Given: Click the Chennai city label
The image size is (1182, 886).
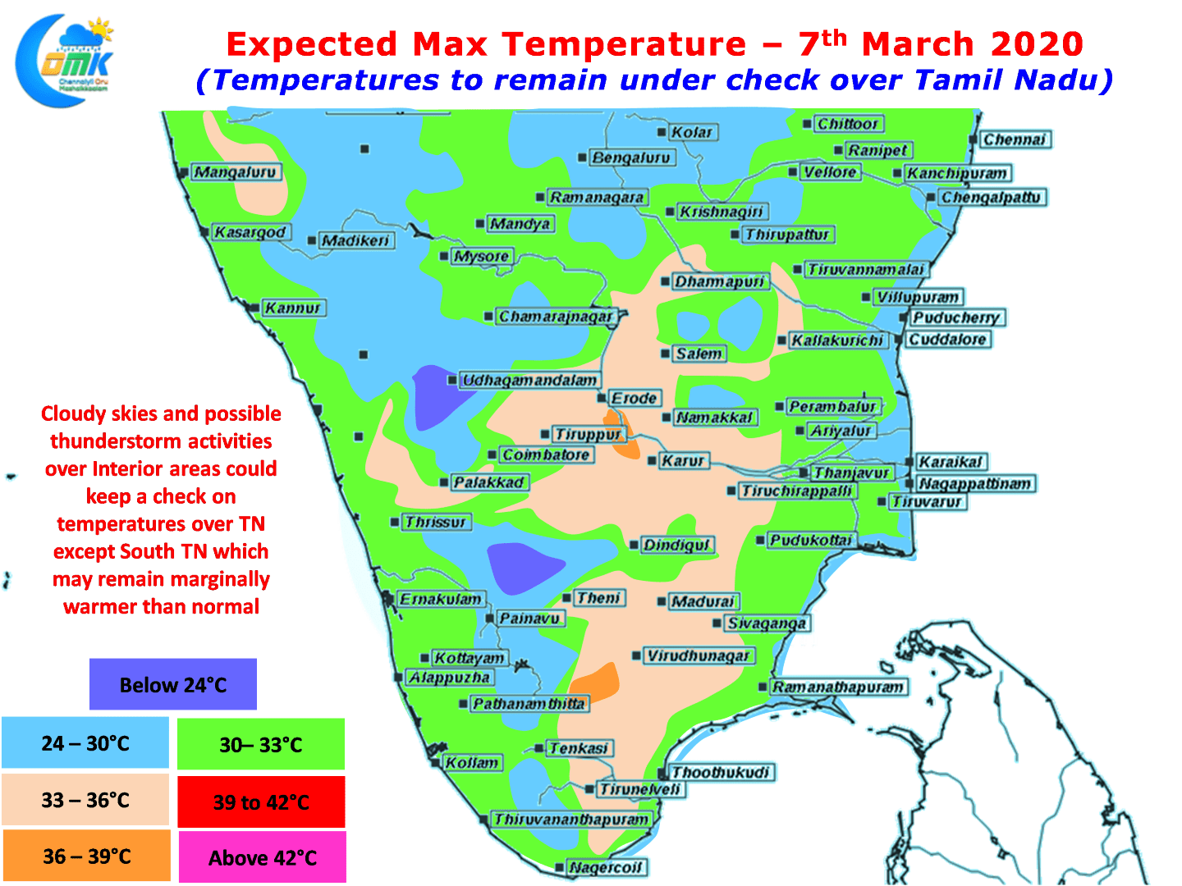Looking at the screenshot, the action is click(1014, 139).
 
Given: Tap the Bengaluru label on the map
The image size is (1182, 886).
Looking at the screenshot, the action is click(631, 158).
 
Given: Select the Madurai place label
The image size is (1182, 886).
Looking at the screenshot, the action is click(703, 601).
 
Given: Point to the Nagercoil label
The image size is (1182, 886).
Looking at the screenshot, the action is click(605, 867).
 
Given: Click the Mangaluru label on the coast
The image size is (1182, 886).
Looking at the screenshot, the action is click(235, 172).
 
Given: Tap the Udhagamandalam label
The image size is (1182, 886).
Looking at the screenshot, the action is click(529, 381).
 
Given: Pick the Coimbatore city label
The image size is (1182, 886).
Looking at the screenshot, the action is click(546, 455).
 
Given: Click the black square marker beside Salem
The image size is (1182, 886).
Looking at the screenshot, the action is click(665, 354).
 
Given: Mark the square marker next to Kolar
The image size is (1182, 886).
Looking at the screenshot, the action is click(662, 132).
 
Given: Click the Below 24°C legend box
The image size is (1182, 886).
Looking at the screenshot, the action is click(173, 684).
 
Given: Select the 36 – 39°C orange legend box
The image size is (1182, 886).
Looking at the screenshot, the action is click(86, 856).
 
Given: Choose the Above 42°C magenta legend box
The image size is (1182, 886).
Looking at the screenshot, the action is click(262, 857).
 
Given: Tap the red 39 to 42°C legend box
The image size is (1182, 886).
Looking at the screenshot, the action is click(261, 802).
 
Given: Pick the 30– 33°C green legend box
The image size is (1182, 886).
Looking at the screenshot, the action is click(261, 744).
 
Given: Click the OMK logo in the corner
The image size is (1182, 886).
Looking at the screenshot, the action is click(65, 60).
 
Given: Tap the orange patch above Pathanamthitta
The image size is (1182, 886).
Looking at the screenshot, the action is click(595, 683).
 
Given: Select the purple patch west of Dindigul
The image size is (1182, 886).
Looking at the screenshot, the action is click(524, 568).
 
